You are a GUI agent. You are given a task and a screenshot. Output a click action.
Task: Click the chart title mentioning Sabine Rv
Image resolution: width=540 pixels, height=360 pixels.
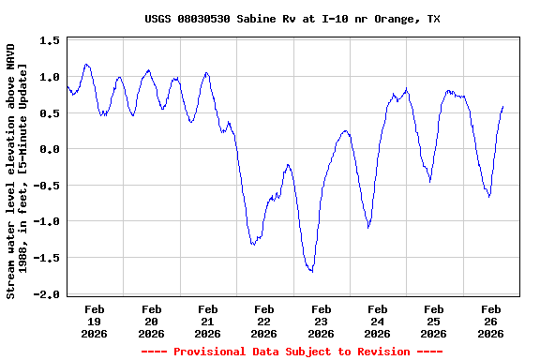(292, 19)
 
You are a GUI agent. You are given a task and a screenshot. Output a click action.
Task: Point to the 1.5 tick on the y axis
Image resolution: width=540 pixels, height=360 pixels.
(50, 41)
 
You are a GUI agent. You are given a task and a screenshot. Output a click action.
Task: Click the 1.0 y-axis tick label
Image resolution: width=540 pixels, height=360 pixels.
(50, 77)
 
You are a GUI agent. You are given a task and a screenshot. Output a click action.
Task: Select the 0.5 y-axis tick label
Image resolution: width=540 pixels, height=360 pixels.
(50, 113)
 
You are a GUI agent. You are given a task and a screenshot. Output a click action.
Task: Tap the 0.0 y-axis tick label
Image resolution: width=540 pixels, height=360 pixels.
(50, 149)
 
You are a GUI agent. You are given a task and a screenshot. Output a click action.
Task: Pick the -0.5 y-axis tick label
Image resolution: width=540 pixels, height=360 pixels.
(47, 186)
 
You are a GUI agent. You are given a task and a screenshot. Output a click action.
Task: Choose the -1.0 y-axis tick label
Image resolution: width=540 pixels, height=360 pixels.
(47, 222)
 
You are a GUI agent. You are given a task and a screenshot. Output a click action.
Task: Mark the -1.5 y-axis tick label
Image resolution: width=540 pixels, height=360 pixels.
(47, 258)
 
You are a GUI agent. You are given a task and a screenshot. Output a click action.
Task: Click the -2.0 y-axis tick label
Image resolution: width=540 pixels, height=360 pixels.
(47, 294)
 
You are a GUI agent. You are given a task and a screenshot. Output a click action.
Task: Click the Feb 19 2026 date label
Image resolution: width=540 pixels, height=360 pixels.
(95, 321)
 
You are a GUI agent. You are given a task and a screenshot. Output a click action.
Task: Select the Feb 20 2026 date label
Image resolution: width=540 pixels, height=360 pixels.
(151, 321)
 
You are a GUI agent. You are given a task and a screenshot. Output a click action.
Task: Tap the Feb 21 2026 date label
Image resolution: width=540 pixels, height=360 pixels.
(207, 321)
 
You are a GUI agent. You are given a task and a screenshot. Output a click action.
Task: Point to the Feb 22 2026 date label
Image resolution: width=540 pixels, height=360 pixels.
(264, 321)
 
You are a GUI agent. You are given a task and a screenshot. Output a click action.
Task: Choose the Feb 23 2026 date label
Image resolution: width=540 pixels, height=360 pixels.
(321, 321)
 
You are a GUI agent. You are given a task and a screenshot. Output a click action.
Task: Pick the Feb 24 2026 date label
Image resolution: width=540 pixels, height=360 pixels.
(377, 321)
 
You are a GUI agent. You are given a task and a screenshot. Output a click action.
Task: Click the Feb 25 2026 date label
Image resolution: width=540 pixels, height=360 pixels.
(433, 321)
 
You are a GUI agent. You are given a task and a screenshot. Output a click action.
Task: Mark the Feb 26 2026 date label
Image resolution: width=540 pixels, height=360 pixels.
(490, 321)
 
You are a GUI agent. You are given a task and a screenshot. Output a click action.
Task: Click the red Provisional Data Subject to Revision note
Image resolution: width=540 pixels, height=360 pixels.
(292, 352)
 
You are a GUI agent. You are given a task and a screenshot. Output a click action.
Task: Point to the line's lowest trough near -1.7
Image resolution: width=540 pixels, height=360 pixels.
(311, 271)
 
